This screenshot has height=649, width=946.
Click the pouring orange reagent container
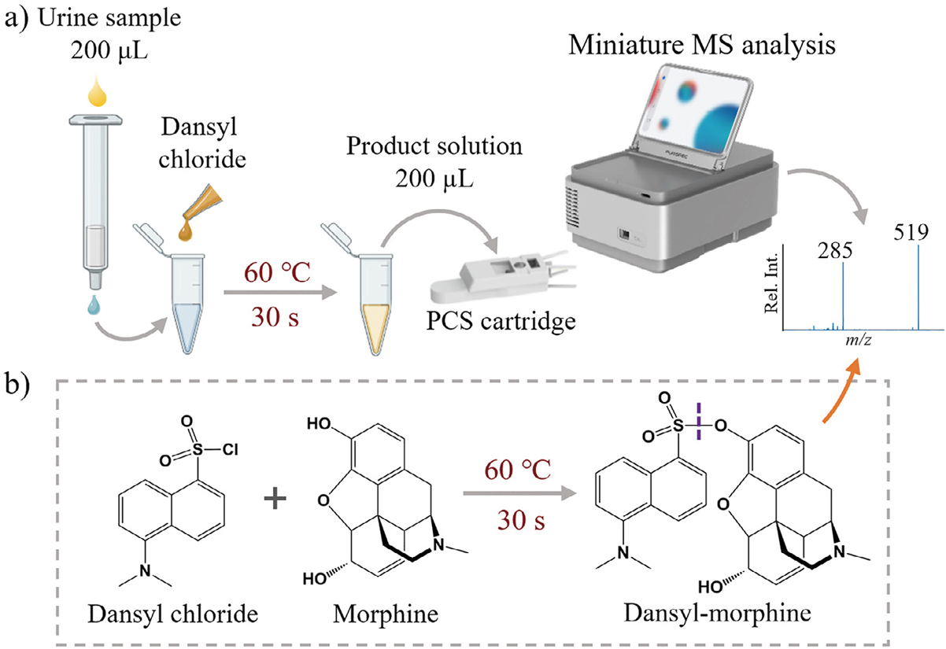point(195,212)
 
